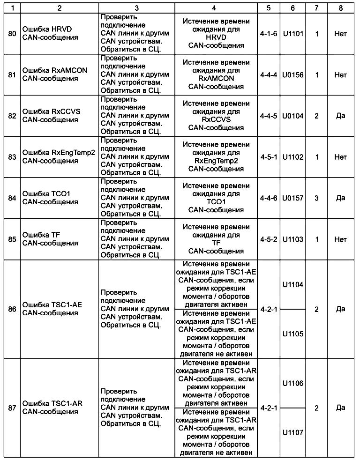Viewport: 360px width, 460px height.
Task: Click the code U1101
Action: pyautogui.click(x=293, y=34)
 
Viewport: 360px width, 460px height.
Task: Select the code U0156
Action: pyautogui.click(x=293, y=74)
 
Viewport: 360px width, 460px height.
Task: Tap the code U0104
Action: pyautogui.click(x=293, y=116)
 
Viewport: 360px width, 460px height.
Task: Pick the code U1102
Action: pyautogui.click(x=293, y=157)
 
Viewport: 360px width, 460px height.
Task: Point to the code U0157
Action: pyautogui.click(x=293, y=198)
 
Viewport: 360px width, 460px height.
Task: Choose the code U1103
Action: pyautogui.click(x=293, y=239)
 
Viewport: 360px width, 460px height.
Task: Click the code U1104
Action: pyautogui.click(x=293, y=285)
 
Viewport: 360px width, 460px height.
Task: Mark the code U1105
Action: pyautogui.click(x=293, y=334)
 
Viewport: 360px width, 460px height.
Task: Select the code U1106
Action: pyautogui.click(x=293, y=383)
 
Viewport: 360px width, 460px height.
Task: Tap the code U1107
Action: pyautogui.click(x=293, y=432)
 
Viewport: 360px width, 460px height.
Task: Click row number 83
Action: pyautogui.click(x=12, y=157)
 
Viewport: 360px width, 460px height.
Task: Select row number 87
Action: pyautogui.click(x=12, y=408)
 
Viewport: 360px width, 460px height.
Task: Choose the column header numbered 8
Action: pyautogui.click(x=341, y=8)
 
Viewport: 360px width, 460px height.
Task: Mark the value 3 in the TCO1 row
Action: pyautogui.click(x=316, y=198)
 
